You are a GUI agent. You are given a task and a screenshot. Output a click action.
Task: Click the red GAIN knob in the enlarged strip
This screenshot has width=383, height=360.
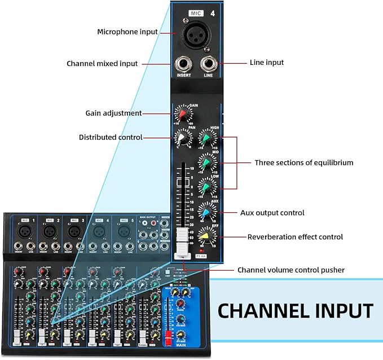tap(182, 115)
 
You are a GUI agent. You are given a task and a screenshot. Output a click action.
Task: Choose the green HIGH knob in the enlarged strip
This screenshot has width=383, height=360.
tap(208, 139)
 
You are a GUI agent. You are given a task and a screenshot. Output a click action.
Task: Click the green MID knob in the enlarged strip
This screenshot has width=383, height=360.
tap(208, 163)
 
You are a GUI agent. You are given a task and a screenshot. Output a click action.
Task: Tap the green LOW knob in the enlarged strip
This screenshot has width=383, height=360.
tap(208, 186)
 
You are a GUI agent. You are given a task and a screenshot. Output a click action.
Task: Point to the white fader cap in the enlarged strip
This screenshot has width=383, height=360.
tap(182, 240)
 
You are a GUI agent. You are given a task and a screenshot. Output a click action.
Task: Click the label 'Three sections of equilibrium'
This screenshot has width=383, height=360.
tap(303, 163)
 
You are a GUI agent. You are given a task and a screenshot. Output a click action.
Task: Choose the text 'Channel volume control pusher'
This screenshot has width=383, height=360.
tap(290, 270)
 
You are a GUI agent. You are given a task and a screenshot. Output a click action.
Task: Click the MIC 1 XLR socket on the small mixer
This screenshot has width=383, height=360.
tap(24, 231)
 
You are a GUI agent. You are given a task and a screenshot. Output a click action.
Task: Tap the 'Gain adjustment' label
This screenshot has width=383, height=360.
tap(113, 113)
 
